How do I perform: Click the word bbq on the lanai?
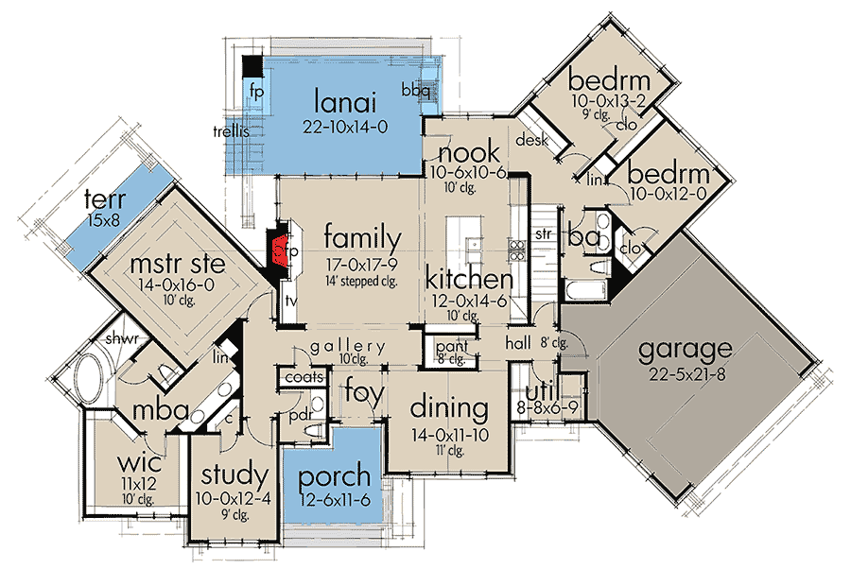click(416, 92)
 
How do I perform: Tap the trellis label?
click(231, 132)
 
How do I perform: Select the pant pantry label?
click(446, 348)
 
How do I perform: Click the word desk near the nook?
click(527, 140)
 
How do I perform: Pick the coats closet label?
click(303, 378)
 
